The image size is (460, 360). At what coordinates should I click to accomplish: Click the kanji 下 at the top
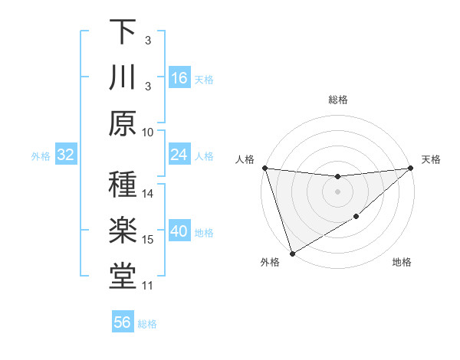point(123,32)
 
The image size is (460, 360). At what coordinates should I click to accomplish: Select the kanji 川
point(123,79)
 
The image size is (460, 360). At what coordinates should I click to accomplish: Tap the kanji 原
point(123,123)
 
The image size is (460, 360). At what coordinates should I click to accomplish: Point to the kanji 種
point(123,185)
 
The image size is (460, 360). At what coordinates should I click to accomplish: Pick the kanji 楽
point(123,231)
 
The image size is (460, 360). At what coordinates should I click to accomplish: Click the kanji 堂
point(123,277)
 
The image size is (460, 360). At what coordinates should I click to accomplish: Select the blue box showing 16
point(179,78)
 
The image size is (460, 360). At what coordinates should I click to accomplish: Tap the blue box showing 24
point(179,155)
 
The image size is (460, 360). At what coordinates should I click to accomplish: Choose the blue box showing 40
point(179,232)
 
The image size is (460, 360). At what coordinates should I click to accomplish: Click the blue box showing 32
point(65,155)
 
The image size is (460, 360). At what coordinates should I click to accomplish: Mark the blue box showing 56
point(123,322)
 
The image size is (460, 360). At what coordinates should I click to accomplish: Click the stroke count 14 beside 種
point(149,194)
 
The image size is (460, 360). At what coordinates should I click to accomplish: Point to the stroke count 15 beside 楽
point(149,240)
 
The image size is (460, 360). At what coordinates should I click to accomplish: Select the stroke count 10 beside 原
point(149,132)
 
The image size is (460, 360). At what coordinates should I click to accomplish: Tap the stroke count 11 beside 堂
point(149,286)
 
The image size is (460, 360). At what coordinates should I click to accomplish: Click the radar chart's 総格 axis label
point(338,100)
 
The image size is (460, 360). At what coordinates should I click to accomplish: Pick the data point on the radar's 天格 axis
point(411,168)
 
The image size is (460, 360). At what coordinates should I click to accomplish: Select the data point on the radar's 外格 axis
point(292,253)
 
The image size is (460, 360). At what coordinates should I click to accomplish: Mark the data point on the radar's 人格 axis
point(264,168)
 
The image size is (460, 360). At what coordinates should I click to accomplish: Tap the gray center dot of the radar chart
point(338,191)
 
